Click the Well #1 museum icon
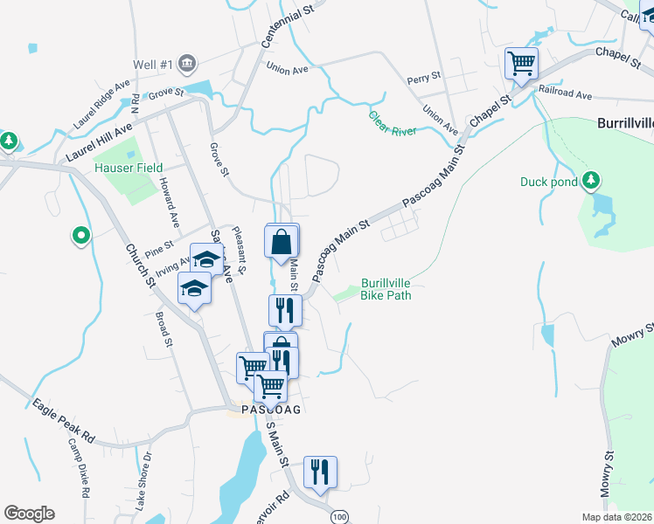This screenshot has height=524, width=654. (x=187, y=63)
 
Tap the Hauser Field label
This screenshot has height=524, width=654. (x=129, y=168)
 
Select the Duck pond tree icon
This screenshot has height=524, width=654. (x=592, y=181)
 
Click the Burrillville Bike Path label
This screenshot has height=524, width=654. (x=386, y=289)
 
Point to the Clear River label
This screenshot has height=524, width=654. (x=392, y=122)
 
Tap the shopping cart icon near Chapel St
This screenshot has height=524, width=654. (x=521, y=63)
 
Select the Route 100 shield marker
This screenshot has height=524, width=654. (x=338, y=517)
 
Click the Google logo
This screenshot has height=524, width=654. (x=28, y=514)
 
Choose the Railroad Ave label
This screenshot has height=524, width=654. (x=566, y=92)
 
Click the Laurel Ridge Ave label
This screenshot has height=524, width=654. (x=101, y=105)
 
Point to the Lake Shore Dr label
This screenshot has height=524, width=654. (x=144, y=479)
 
